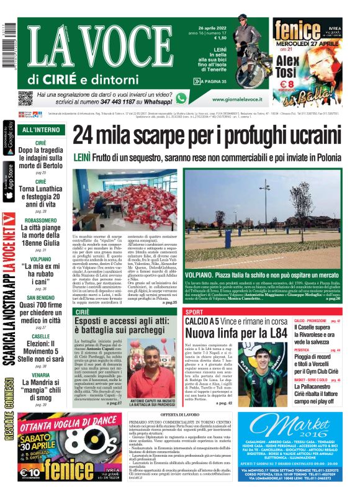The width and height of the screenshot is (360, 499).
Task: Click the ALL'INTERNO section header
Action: tap(41, 130)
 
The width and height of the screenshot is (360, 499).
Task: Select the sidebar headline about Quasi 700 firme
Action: tap(40, 301)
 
